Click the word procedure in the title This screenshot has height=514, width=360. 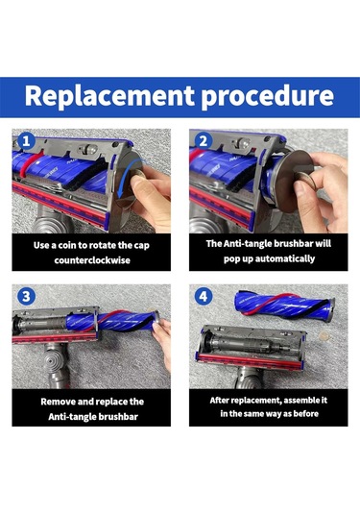pyautogui.click(x=267, y=97)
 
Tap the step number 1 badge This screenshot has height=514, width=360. pyautogui.click(x=26, y=141)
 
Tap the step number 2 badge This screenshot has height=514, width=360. pyautogui.click(x=204, y=141)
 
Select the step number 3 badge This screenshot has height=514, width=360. pyautogui.click(x=26, y=296)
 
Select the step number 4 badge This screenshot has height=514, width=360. pyautogui.click(x=204, y=296)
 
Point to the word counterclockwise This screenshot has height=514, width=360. pyautogui.click(x=92, y=260)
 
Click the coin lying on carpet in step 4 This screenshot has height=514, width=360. pyautogui.click(x=324, y=335)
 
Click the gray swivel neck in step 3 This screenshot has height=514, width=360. pyautogui.click(x=57, y=364)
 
